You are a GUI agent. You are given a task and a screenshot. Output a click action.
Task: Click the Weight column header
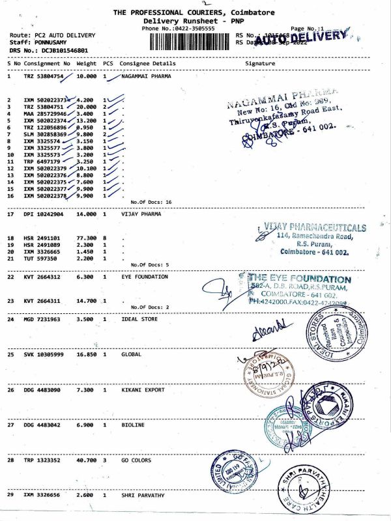tap(87, 64)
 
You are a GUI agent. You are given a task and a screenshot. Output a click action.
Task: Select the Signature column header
tap(260, 64)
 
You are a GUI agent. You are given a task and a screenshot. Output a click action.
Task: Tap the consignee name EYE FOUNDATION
tap(145, 277)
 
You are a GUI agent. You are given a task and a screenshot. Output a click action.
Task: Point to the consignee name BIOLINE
tap(133, 425)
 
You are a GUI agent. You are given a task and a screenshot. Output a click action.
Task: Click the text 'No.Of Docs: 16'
tap(151, 202)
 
